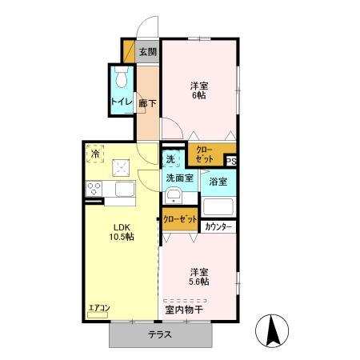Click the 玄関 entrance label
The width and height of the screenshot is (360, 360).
[x=148, y=52]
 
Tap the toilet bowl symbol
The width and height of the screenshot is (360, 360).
[x=122, y=77]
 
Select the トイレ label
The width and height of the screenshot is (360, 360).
[x=122, y=102]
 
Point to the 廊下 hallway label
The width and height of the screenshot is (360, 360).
[x=147, y=103]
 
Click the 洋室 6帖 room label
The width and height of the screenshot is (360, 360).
[x=199, y=90]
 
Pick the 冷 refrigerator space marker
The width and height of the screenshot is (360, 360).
[x=95, y=154]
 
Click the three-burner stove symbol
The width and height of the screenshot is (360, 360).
[x=94, y=189]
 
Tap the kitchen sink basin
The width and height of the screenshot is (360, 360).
[x=125, y=189]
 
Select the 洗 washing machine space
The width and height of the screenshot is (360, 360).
[x=170, y=159]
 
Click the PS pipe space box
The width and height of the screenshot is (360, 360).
[x=231, y=162]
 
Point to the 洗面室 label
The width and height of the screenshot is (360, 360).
[x=180, y=178]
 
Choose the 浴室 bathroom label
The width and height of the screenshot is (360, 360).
[x=218, y=182]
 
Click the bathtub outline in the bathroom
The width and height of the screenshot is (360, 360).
[x=218, y=206]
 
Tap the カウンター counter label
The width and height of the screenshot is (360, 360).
[x=218, y=227]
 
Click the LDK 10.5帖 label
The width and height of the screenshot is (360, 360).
[x=122, y=232]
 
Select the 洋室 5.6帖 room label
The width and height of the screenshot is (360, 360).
[x=199, y=277]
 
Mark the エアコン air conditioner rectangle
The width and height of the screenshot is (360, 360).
[x=98, y=315]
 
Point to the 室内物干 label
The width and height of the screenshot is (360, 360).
[x=184, y=310]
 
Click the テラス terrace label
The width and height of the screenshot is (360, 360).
[x=160, y=334]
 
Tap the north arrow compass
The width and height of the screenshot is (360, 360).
[x=272, y=330]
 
